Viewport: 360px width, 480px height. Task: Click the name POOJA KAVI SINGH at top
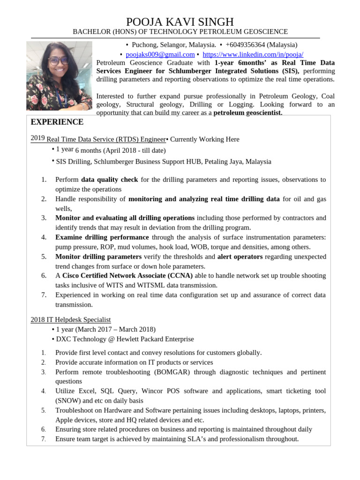coord(180,22)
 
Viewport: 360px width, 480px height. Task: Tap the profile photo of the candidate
coord(59,75)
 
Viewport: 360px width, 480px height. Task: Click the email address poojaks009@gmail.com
coord(160,54)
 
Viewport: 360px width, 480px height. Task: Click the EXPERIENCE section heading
coord(57,122)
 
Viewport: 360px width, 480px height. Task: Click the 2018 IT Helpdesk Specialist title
coord(71,320)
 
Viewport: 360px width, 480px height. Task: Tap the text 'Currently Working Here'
coord(204,139)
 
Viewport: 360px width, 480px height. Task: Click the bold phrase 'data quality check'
coord(109,180)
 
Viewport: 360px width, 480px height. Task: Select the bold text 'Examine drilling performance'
coord(102,237)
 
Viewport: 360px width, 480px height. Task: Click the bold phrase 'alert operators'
coord(240,256)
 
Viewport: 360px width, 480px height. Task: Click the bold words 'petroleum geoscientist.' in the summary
coord(247,113)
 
